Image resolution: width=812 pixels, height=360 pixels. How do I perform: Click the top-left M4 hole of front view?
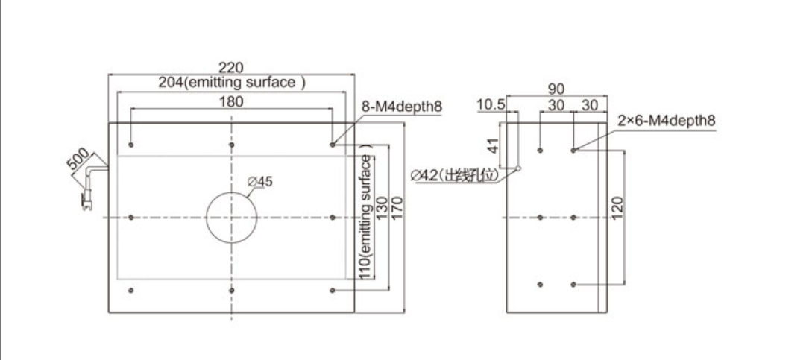coord(131,144)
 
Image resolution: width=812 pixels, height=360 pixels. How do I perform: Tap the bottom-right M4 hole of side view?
coord(573,284)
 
